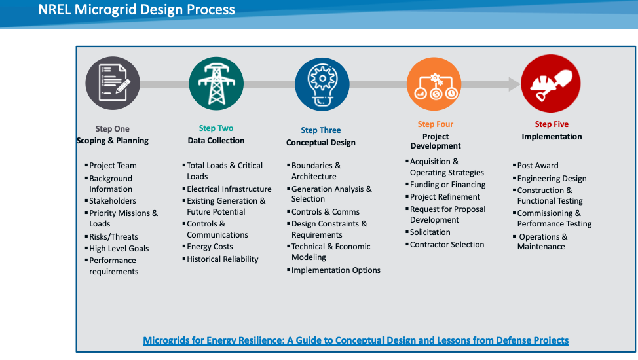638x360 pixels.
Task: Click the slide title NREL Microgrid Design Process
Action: [136, 9]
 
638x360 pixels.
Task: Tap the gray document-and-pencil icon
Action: [113, 83]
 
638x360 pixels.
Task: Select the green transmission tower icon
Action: [216, 84]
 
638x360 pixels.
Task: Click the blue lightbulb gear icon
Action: [322, 84]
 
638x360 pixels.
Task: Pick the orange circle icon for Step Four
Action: [434, 84]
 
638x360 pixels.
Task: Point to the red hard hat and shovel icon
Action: [550, 84]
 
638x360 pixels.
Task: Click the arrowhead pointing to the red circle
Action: [514, 84]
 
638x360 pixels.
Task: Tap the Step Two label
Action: [216, 128]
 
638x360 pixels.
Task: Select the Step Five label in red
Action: [552, 124]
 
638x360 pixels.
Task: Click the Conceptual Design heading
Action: [320, 143]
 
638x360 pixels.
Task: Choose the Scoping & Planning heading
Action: [113, 140]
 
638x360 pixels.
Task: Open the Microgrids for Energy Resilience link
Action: [356, 340]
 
